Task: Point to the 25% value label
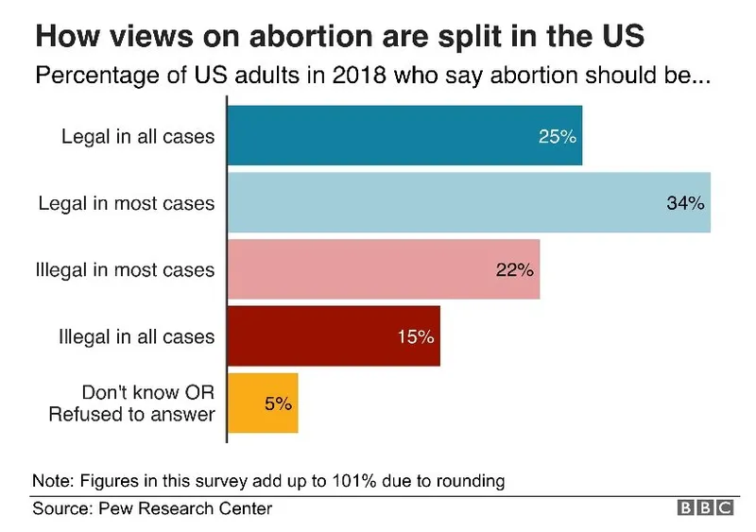click(x=557, y=136)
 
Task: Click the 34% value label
click(x=685, y=203)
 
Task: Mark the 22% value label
click(x=515, y=270)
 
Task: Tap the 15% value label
click(x=415, y=336)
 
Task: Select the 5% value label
click(x=278, y=403)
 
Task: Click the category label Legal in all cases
click(x=138, y=136)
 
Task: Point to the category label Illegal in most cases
click(x=125, y=270)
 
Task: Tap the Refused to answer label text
click(x=132, y=414)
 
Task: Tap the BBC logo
click(x=705, y=508)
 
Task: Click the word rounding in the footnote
click(x=472, y=480)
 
